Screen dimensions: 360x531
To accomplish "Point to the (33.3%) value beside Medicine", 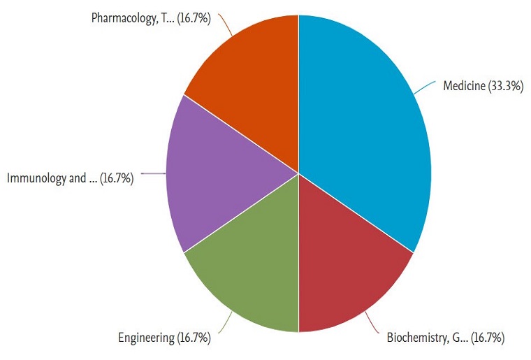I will pos(507,87).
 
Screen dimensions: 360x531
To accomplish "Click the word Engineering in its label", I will pos(146,338).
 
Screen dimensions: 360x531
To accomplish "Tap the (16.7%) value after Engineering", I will pos(194,338).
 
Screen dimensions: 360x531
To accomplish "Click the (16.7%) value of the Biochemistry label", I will pos(487,338).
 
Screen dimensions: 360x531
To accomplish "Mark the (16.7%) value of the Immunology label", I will pos(116,178).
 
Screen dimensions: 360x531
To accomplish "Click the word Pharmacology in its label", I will pos(122,17).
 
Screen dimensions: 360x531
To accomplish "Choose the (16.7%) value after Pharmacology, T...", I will pos(194,17).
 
